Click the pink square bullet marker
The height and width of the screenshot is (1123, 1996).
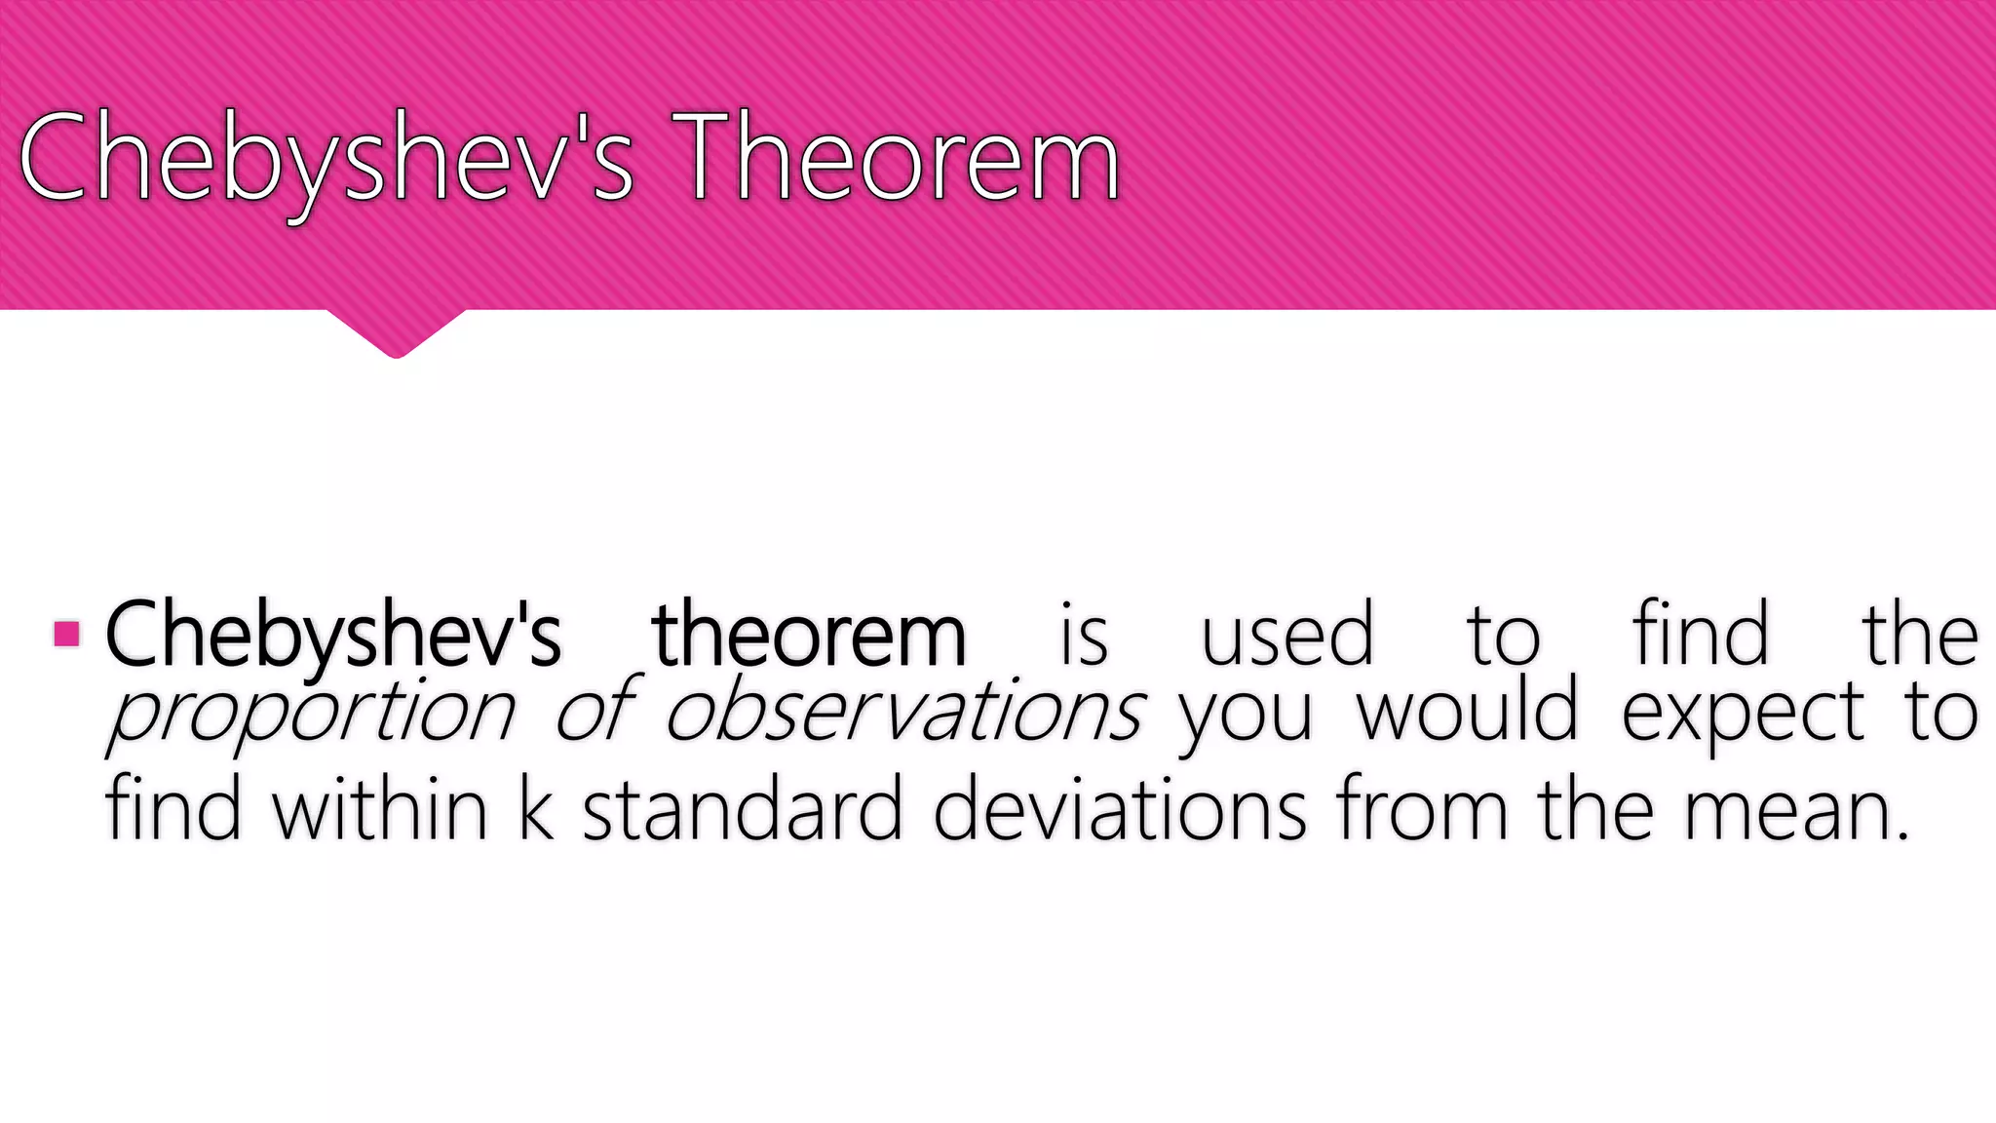(x=66, y=635)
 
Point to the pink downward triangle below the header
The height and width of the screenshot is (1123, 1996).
(x=396, y=331)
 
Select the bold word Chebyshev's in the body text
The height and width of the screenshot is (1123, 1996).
(x=332, y=636)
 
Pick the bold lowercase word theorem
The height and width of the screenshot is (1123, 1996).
(x=809, y=636)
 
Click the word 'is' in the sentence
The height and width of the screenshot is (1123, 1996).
(x=1084, y=636)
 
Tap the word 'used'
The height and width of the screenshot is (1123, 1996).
(x=1286, y=636)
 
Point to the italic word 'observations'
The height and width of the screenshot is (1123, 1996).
(x=904, y=712)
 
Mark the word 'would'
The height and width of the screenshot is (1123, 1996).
(x=1467, y=712)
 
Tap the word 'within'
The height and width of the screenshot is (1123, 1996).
(x=380, y=809)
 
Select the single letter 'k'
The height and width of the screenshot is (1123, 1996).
(x=536, y=809)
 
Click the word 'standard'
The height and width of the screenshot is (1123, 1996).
(x=743, y=809)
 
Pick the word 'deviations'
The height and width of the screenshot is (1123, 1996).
(x=1119, y=809)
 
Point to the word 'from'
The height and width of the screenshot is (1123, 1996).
(x=1423, y=809)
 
